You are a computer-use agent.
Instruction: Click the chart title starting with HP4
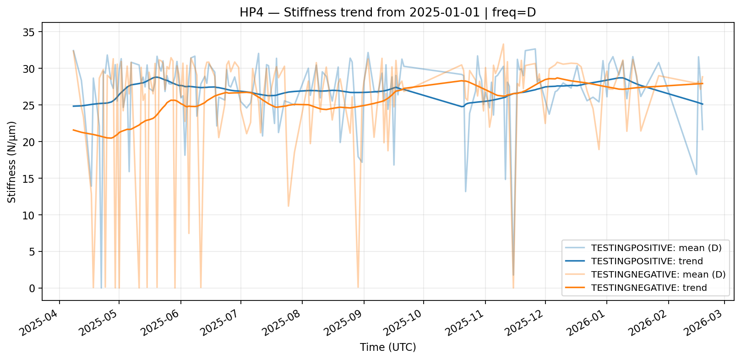[x=387, y=12]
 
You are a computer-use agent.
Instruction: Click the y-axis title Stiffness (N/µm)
[x=12, y=162]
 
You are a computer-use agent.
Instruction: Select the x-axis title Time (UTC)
[x=388, y=347]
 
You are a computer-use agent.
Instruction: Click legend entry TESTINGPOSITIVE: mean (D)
[x=656, y=248]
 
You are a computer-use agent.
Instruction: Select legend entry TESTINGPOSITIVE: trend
[x=647, y=262]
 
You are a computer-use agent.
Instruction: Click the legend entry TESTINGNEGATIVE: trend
[x=649, y=288]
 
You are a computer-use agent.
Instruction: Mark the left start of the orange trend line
[x=73, y=130]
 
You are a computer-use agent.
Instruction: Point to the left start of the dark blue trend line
[x=73, y=106]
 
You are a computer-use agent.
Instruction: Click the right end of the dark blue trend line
[x=703, y=104]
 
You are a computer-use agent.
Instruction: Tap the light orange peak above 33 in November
[x=503, y=44]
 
